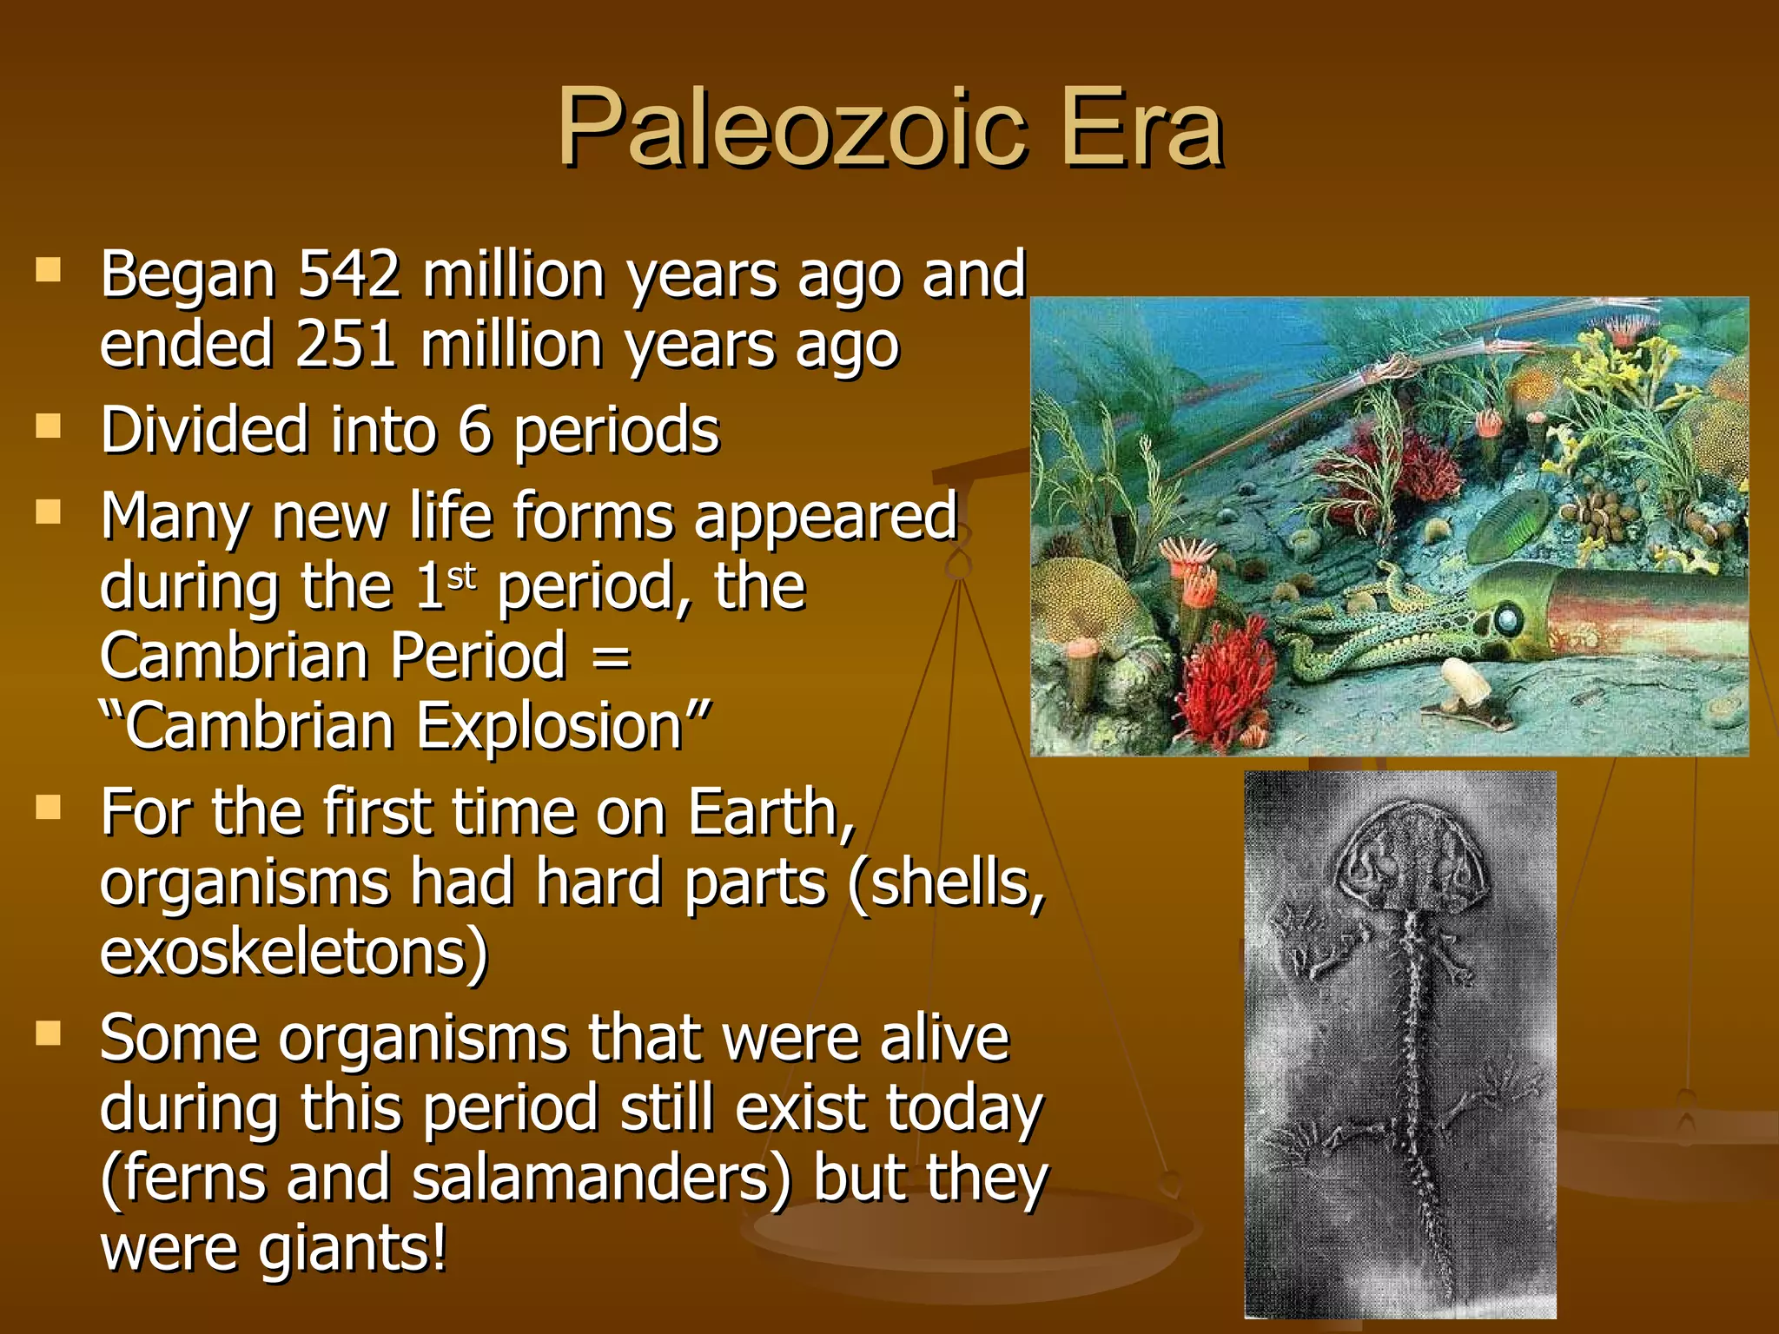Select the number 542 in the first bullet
[349, 275]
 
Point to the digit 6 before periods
[474, 431]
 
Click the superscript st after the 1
[462, 576]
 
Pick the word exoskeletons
[294, 953]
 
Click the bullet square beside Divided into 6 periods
[49, 426]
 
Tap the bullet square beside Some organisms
[49, 1034]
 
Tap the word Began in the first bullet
[188, 275]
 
